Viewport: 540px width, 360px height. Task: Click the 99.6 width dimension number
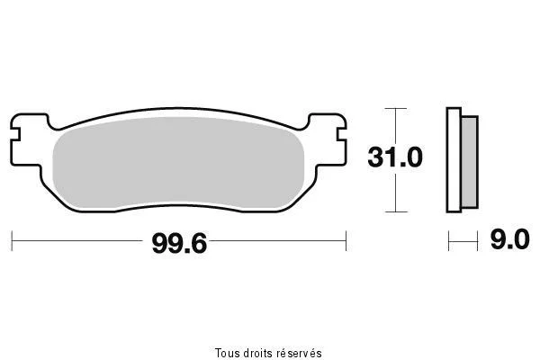click(x=179, y=244)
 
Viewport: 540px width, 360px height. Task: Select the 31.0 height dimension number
click(x=395, y=157)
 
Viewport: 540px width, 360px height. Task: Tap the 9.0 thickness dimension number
click(x=510, y=239)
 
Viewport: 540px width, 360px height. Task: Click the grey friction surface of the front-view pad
click(x=178, y=163)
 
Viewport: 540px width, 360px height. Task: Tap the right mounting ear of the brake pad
click(x=328, y=139)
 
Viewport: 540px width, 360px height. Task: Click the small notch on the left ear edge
click(x=15, y=135)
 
